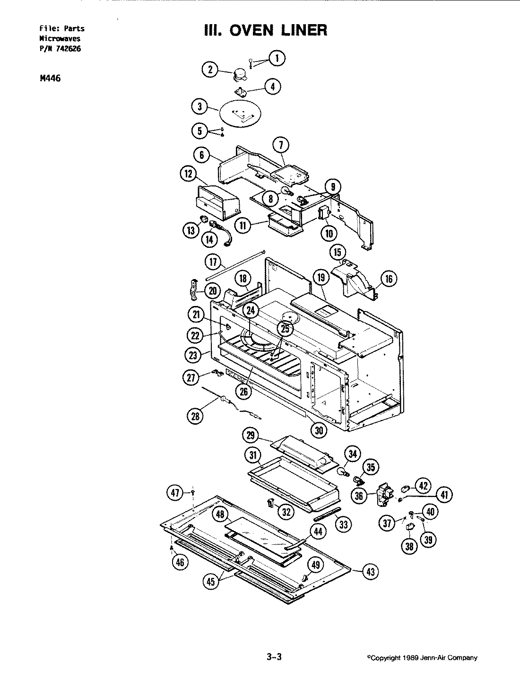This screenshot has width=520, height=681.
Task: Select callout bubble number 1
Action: [277, 59]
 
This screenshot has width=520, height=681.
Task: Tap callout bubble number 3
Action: [199, 107]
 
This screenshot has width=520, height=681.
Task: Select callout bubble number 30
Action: [319, 429]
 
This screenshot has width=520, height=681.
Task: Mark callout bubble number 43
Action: [370, 572]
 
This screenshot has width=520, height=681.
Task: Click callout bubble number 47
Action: [175, 493]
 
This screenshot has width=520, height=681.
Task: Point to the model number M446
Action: [50, 79]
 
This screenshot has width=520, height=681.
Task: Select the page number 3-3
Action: [274, 657]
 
